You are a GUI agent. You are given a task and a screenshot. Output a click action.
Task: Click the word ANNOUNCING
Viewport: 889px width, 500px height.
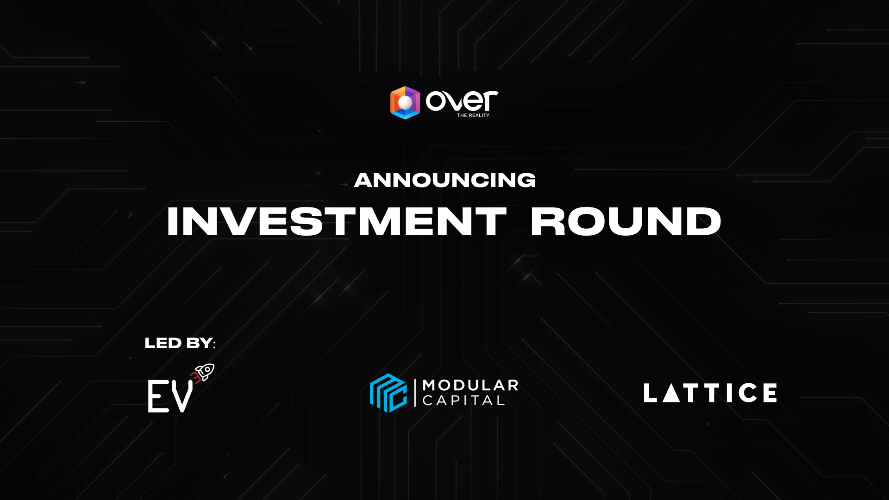(x=444, y=180)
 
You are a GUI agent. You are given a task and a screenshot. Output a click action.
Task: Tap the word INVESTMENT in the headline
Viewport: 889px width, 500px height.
(x=337, y=222)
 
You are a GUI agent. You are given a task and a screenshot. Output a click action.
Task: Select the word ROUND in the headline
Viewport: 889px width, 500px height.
(x=626, y=222)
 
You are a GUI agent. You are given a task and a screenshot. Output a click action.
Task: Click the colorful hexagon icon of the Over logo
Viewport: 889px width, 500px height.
(x=405, y=103)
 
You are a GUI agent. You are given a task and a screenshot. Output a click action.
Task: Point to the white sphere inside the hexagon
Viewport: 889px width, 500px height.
(x=405, y=103)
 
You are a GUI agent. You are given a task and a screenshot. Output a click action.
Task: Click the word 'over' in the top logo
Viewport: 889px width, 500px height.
(x=462, y=100)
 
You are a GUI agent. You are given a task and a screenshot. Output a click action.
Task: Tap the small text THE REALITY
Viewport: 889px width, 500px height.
(x=473, y=115)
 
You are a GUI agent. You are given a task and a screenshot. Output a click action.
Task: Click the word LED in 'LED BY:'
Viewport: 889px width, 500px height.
(x=163, y=343)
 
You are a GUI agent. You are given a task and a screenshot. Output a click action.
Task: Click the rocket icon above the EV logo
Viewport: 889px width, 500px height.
(x=204, y=372)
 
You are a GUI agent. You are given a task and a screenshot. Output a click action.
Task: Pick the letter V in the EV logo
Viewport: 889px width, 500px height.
(x=182, y=396)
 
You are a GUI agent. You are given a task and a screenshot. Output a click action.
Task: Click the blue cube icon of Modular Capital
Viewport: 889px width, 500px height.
(x=388, y=393)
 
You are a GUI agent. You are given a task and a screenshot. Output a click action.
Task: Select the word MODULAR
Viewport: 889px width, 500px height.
(x=470, y=385)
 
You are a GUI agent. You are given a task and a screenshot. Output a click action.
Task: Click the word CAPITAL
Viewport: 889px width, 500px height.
(x=463, y=400)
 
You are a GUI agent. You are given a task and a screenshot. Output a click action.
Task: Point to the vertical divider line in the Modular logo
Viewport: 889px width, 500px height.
(x=415, y=393)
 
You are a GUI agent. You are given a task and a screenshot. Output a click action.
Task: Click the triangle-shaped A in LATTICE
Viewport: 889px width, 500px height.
(x=671, y=393)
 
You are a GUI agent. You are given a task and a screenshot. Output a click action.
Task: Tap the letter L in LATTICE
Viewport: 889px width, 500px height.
(x=650, y=393)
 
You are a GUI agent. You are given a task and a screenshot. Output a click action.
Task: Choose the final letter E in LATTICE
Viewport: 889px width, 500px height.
(x=770, y=393)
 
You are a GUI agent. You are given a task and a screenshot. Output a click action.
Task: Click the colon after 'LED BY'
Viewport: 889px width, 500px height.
(x=214, y=344)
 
